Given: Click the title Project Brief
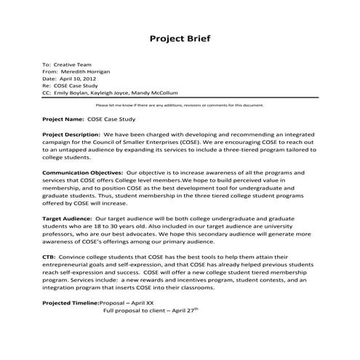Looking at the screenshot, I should point(180,39).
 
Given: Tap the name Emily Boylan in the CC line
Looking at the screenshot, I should point(73,93).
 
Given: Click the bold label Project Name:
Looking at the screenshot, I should point(63,119).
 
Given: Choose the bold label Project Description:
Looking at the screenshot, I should point(71,135).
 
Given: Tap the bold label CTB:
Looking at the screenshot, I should point(50,256).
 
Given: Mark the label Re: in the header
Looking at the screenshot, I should point(47,87).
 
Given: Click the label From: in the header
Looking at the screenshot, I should point(51,72).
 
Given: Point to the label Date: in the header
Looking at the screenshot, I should point(50,79).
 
